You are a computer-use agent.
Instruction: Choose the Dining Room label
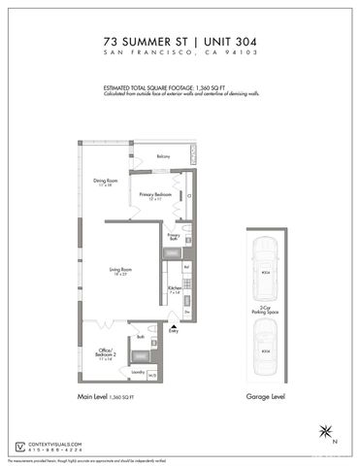pos(106,182)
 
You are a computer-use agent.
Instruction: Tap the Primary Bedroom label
pos(154,195)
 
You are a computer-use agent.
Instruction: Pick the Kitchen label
pos(175,289)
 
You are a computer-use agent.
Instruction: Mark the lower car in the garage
pos(265,350)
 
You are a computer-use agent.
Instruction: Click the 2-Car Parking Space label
pos(265,312)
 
